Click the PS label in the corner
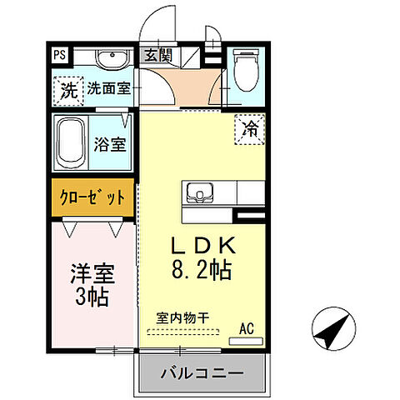[60, 56]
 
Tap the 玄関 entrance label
[157, 57]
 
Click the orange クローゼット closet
[92, 198]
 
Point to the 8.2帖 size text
[203, 271]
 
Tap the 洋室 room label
[91, 273]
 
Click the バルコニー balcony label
[201, 372]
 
